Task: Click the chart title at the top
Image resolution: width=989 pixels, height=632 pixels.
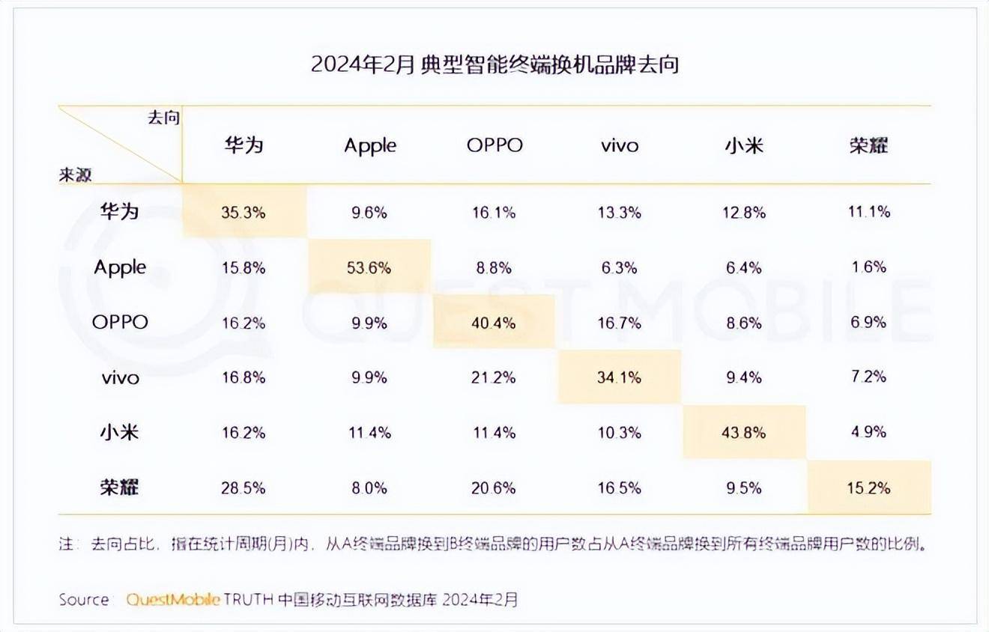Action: click(x=494, y=64)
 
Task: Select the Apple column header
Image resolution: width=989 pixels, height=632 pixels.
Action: click(x=370, y=145)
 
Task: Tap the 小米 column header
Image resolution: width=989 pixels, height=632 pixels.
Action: click(x=744, y=145)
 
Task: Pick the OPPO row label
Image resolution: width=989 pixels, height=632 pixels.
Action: click(x=120, y=322)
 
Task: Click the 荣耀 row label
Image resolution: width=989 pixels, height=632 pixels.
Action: click(x=120, y=487)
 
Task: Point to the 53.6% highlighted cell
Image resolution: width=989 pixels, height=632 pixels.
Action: click(x=369, y=267)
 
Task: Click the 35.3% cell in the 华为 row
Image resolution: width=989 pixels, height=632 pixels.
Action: click(x=244, y=213)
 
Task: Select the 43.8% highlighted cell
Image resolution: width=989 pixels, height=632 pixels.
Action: click(x=744, y=432)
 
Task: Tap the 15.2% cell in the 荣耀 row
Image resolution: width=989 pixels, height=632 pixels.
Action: click(x=869, y=487)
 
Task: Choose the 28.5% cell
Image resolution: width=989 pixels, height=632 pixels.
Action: click(x=244, y=487)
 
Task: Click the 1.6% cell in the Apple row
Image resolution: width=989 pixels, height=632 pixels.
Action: click(x=869, y=267)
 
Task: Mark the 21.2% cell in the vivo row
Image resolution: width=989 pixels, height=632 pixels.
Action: click(x=494, y=377)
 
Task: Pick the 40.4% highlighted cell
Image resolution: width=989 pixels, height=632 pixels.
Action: click(x=494, y=323)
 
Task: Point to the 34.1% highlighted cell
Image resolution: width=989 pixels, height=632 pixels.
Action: click(x=620, y=377)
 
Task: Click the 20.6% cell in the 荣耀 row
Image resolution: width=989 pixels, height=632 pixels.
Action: click(x=494, y=487)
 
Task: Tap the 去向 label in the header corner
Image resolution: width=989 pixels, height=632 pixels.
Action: click(x=163, y=118)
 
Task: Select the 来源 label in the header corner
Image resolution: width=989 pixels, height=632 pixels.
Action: click(x=76, y=174)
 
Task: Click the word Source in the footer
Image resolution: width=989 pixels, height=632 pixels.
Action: click(x=84, y=600)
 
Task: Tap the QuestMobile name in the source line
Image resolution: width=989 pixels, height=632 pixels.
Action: click(x=173, y=600)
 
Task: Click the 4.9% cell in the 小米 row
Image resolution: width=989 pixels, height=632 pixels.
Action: click(x=869, y=432)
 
